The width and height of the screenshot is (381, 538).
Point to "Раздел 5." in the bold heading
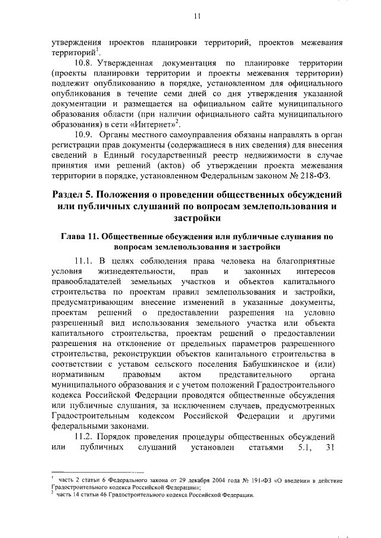click(72, 195)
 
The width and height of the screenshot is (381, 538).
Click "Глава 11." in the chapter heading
click(82, 236)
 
